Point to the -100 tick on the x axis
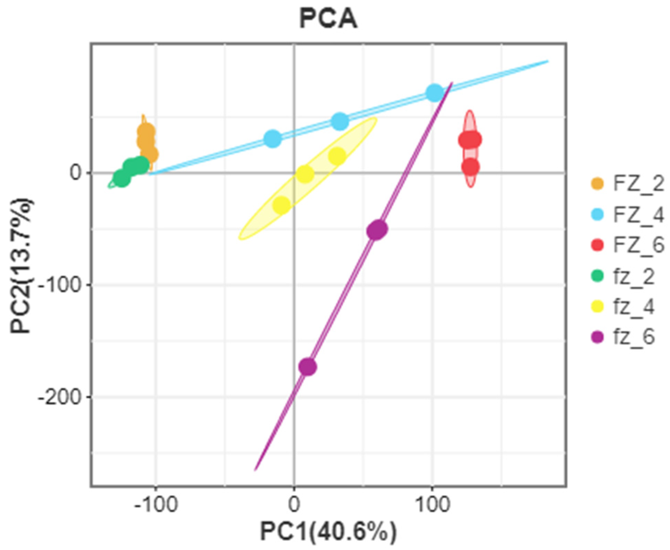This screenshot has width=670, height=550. [156, 505]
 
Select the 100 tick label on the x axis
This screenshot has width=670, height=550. [432, 505]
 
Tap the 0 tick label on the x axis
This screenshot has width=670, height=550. [294, 505]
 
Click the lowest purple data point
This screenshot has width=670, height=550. [307, 367]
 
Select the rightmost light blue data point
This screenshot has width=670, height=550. [435, 93]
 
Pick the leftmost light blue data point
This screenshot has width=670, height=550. [273, 139]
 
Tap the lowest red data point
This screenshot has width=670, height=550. [470, 167]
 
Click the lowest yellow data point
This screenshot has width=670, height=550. [282, 205]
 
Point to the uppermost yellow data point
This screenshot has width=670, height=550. [337, 156]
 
